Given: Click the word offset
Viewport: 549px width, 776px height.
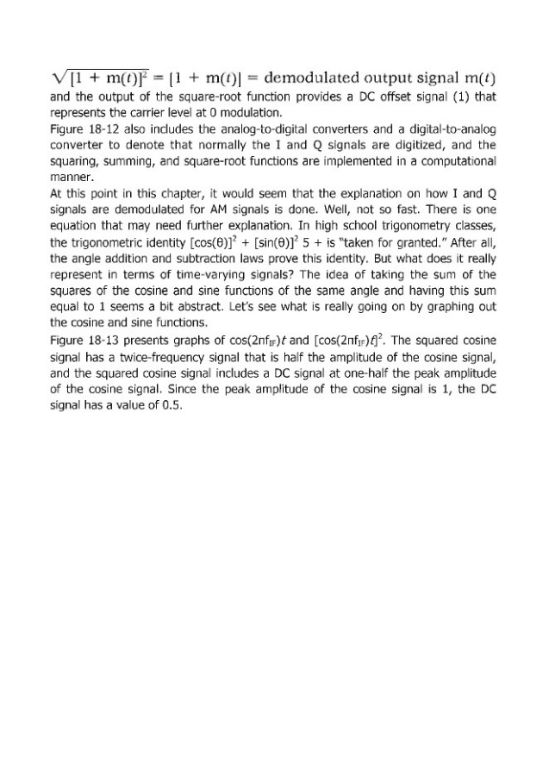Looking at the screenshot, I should point(383,100).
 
